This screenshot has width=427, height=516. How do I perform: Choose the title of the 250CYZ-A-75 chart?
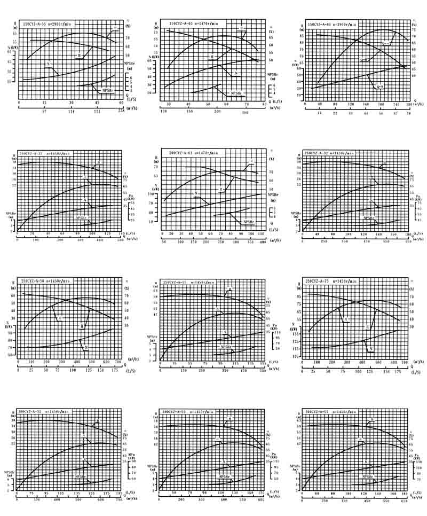(330, 281)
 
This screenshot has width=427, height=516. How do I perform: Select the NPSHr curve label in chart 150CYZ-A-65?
(238, 93)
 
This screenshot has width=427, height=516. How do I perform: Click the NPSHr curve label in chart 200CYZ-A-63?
(249, 221)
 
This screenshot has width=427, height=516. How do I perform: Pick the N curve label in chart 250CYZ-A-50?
(86, 347)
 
